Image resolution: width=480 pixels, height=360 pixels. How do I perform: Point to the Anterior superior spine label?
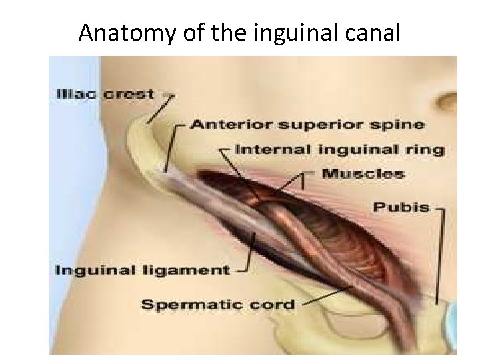click(307, 124)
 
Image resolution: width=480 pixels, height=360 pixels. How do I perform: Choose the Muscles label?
click(363, 174)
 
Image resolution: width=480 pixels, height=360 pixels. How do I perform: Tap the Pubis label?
click(401, 207)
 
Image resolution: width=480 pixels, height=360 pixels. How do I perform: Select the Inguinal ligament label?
click(141, 270)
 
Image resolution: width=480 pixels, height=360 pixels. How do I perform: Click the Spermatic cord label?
click(218, 305)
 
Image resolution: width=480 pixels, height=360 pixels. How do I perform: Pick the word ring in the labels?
click(426, 149)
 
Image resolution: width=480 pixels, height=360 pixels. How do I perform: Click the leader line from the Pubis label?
click(439, 253)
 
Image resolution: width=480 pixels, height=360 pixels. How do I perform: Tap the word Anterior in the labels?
click(227, 124)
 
